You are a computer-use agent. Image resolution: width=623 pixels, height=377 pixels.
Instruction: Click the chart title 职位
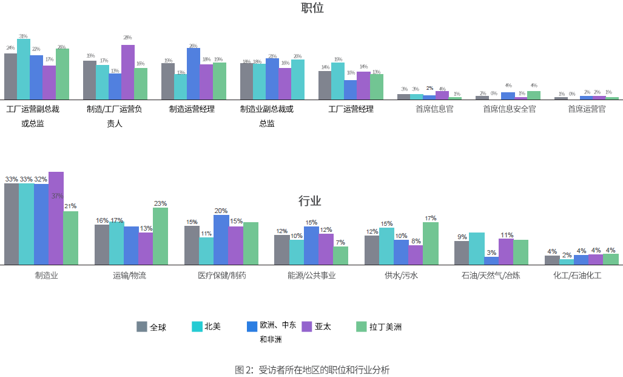pyautogui.click(x=312, y=8)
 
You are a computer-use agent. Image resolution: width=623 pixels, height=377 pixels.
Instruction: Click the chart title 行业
pyautogui.click(x=309, y=201)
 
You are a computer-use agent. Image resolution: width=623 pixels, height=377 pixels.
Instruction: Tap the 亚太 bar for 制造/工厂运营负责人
pyautogui.click(x=127, y=72)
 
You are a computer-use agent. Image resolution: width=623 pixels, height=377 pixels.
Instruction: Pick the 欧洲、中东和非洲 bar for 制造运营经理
pyautogui.click(x=194, y=74)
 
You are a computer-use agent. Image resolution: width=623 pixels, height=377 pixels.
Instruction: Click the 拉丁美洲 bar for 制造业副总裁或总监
pyautogui.click(x=297, y=80)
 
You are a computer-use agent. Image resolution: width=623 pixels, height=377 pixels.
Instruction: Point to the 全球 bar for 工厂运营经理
pyautogui.click(x=325, y=86)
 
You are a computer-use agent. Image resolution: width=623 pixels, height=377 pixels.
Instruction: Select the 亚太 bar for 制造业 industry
pyautogui.click(x=56, y=219)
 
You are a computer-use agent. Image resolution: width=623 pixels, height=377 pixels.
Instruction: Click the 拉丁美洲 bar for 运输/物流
pyautogui.click(x=160, y=236)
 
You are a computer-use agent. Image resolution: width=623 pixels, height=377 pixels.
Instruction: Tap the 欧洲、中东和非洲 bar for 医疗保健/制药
pyautogui.click(x=221, y=240)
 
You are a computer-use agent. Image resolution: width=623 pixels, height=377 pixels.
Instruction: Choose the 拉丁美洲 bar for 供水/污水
pyautogui.click(x=430, y=243)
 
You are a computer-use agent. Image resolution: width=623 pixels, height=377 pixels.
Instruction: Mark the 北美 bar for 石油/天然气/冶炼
pyautogui.click(x=476, y=248)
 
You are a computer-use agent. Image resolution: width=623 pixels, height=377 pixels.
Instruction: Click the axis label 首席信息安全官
pyautogui.click(x=509, y=109)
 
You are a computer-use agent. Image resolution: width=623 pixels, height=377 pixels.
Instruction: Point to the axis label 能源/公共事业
pyautogui.click(x=311, y=275)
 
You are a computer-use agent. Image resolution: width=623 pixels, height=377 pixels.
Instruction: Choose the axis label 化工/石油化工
pyautogui.click(x=577, y=275)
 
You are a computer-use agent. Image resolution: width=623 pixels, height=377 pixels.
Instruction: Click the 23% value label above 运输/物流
pyautogui.click(x=160, y=203)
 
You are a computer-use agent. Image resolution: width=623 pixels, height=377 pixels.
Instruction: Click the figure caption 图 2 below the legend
pyautogui.click(x=312, y=370)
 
